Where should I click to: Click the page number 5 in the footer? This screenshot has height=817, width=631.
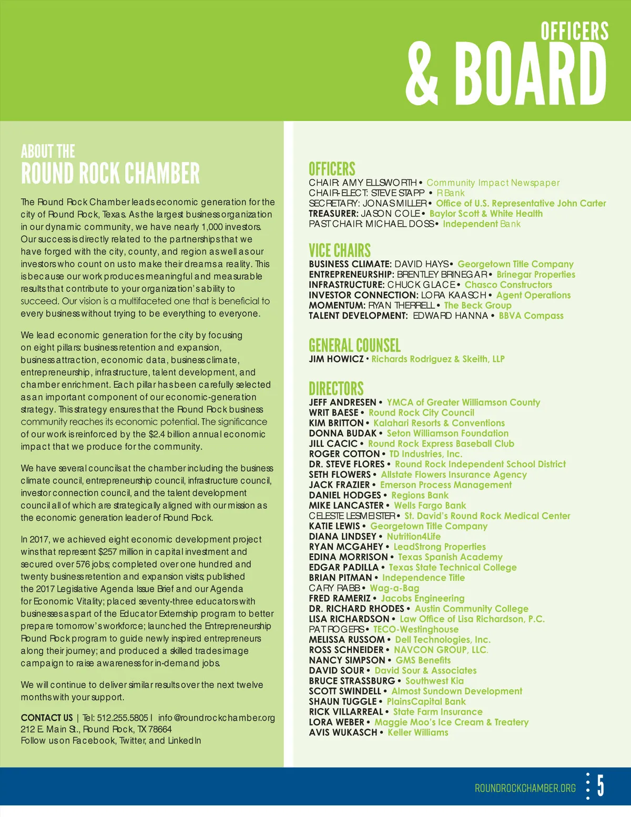601,786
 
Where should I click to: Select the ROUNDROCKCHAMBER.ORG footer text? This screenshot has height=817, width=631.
525,788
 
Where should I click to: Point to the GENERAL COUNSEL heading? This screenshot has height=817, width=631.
354,346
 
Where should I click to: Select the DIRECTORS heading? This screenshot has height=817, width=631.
336,389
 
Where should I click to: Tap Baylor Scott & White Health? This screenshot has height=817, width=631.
486,214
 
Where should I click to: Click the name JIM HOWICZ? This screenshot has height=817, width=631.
336,359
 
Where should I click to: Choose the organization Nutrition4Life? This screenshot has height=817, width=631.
414,537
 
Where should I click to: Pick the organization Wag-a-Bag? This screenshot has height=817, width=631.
394,588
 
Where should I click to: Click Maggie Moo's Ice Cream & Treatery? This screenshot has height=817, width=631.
451,722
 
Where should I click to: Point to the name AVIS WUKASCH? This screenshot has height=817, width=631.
343,732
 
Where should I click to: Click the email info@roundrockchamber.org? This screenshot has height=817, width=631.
217,718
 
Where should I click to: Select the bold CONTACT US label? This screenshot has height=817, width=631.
47,718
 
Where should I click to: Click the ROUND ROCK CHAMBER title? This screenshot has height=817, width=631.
110,174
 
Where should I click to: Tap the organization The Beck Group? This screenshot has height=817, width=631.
477,305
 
